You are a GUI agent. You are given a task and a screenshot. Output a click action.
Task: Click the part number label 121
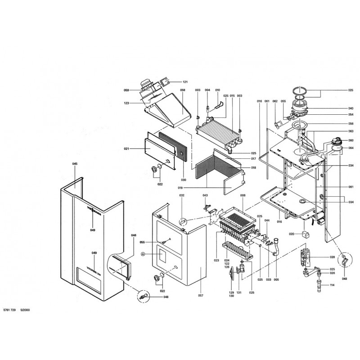tap(184, 82)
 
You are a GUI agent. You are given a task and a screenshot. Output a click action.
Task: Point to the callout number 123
tap(126, 103)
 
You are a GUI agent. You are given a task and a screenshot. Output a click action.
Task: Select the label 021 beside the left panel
tap(126, 148)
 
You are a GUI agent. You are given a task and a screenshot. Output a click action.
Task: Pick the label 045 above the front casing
tap(75, 164)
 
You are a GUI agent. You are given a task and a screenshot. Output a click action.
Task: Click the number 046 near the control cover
tap(133, 235)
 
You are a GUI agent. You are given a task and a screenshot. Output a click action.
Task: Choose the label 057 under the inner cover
tap(201, 296)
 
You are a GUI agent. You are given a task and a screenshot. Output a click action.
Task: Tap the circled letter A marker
tap(144, 254)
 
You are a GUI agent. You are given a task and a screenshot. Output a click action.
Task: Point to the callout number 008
tap(243, 196)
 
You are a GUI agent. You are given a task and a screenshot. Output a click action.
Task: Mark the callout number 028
tap(332, 257)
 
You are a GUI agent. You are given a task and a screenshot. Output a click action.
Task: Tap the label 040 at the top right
tap(351, 108)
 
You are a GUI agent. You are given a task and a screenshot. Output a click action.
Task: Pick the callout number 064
tap(351, 148)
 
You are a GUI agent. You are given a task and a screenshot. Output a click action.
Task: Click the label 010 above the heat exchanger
tap(217, 90)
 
